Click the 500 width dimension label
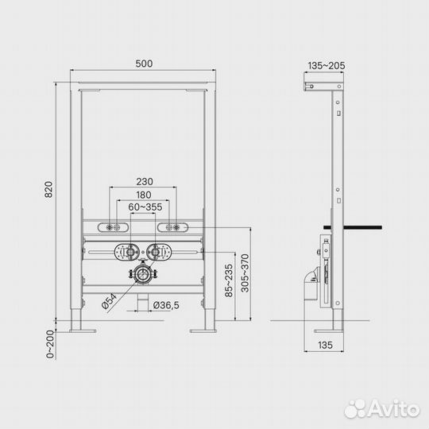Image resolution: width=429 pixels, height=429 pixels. point(144,64)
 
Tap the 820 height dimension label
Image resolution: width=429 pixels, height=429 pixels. point(48,189)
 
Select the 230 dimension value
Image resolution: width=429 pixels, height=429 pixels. point(145,182)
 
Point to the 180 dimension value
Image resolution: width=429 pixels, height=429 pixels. point(144,195)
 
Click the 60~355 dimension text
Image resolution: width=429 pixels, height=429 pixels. point(145,207)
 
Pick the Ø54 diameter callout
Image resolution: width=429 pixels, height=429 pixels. point(109,301)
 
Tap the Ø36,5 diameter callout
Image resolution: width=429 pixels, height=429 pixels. point(166,305)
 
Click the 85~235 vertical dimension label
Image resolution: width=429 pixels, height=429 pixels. point(229,280)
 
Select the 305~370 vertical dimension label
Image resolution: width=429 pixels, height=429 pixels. point(245,273)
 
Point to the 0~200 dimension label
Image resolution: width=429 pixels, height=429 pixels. point(50,344)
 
